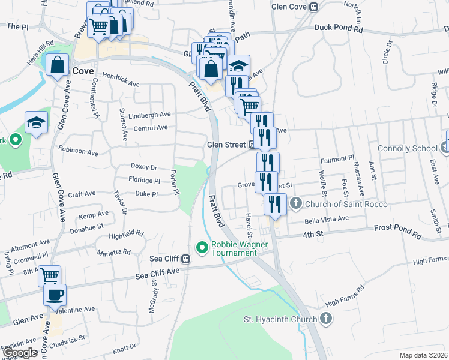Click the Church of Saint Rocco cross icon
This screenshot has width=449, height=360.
pos(295,204)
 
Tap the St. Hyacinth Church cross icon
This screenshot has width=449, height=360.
pos(325,319)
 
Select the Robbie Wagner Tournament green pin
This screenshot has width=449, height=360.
pos(202,247)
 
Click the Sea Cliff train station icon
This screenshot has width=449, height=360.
pos(186,260)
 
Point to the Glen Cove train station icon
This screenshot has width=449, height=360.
pos(313,7)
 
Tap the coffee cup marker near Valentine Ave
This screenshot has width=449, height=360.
pos(55,295)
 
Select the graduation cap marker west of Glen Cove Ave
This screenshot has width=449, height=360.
pos(37,123)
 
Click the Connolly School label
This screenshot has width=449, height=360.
pos(407,148)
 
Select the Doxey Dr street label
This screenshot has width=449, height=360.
pos(143,167)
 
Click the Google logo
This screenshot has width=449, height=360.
pos(20,353)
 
